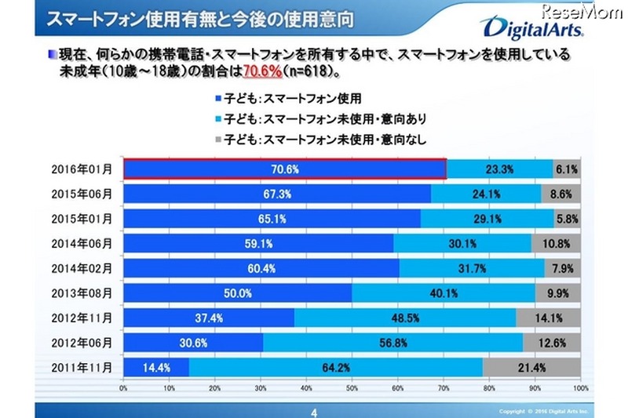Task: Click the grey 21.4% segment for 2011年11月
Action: pyautogui.click(x=531, y=367)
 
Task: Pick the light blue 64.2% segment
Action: pyautogui.click(x=336, y=367)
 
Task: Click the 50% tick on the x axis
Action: pyautogui.click(x=352, y=387)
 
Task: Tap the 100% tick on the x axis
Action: pyautogui.click(x=579, y=387)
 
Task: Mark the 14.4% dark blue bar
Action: pyautogui.click(x=156, y=367)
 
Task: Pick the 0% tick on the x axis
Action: pyautogui.click(x=124, y=387)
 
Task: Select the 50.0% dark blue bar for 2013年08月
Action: pyautogui.click(x=238, y=293)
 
